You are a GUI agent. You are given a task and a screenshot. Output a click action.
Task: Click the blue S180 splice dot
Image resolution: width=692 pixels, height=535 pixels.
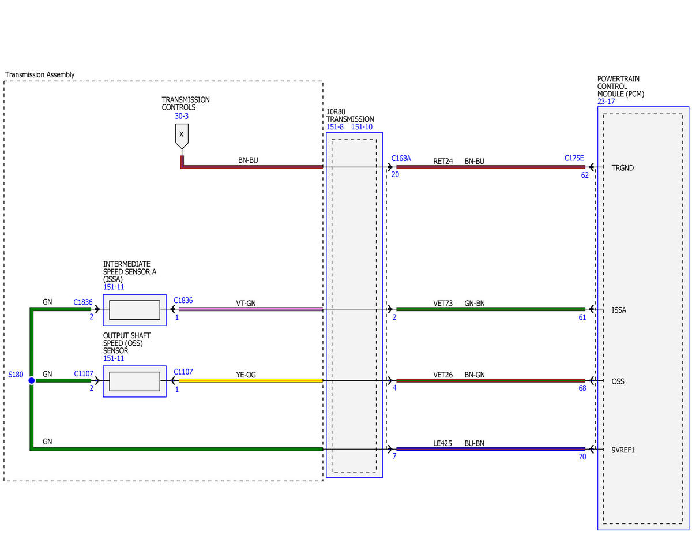[x=32, y=380]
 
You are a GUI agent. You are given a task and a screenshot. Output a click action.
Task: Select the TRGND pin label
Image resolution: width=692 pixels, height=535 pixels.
[x=623, y=168]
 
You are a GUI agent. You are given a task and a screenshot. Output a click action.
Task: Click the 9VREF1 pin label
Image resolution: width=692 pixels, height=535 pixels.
[x=623, y=450]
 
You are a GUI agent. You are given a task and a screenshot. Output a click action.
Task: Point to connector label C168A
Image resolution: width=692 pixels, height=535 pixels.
[x=401, y=158]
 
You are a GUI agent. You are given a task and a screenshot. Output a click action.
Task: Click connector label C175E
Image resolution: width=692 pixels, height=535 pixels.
[x=574, y=158]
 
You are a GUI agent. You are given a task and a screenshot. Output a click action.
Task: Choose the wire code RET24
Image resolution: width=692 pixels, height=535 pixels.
[x=443, y=161]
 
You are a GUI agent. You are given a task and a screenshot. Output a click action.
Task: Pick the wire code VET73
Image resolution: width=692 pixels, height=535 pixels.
[x=443, y=304]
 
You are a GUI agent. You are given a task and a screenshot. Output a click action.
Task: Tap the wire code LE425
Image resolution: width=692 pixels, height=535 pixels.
[x=442, y=443]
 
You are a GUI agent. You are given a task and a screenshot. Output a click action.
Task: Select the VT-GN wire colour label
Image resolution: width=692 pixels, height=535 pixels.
[x=246, y=303]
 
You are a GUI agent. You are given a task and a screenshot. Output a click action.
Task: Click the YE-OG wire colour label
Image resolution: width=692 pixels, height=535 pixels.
[x=246, y=375]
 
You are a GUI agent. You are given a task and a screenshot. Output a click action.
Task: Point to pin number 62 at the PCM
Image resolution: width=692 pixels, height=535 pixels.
[x=585, y=175]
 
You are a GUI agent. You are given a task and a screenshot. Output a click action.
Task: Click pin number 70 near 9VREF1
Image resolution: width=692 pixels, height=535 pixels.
[x=582, y=457]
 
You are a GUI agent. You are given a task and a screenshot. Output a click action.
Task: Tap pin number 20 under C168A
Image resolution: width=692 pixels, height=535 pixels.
[x=395, y=175]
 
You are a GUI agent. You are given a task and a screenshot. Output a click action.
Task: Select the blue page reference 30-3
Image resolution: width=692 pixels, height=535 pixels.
[x=182, y=116]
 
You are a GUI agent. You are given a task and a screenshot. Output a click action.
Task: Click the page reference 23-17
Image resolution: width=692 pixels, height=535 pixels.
[x=606, y=102]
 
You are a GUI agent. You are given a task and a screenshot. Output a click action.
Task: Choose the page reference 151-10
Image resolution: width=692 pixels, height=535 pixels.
[x=362, y=127]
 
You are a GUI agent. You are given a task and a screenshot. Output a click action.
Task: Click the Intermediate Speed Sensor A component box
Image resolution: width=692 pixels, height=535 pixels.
[x=134, y=310]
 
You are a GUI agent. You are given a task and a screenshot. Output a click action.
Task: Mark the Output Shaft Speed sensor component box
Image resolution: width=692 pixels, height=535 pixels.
[x=134, y=381]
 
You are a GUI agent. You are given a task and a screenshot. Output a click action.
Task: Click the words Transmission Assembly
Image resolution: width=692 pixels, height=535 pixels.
[x=40, y=74]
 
